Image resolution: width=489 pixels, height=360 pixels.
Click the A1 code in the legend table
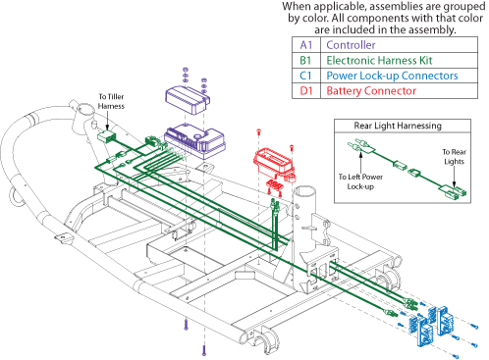click(306, 45)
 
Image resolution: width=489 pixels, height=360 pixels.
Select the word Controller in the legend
click(351, 45)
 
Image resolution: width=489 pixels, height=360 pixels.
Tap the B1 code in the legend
click(305, 60)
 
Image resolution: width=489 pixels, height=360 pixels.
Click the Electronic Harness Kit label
click(379, 60)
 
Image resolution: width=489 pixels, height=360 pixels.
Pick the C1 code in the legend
click(305, 76)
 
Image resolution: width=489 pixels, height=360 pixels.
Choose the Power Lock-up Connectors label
click(392, 76)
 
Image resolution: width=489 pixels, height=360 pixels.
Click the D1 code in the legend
click(306, 91)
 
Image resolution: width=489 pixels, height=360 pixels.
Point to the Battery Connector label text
click(371, 91)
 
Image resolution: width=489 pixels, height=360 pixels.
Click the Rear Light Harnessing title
click(398, 126)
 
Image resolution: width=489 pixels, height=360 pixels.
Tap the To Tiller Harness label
click(111, 101)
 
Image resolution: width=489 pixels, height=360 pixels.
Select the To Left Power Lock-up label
click(360, 181)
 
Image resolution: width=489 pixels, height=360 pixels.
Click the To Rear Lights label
click(454, 157)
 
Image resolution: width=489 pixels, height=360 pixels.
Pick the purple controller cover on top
click(188, 99)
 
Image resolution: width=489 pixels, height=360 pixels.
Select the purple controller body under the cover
click(194, 141)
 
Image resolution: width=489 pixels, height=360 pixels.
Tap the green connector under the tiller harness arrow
click(106, 136)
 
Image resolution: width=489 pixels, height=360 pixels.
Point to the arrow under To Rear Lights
click(454, 178)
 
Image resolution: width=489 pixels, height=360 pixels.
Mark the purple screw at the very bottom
click(204, 351)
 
